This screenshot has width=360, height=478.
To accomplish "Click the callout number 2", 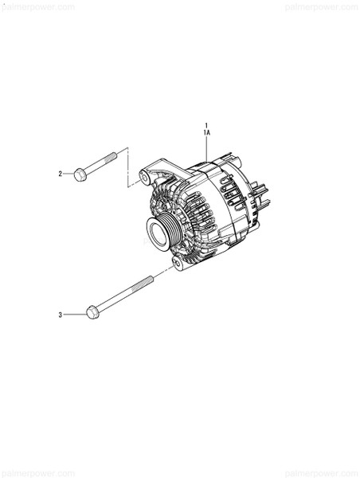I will click(x=60, y=174).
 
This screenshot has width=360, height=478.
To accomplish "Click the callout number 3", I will click(x=60, y=315).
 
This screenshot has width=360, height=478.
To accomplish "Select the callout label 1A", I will click(x=207, y=134).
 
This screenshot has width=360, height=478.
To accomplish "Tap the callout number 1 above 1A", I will click(x=207, y=126).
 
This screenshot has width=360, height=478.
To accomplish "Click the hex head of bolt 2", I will click(x=80, y=174).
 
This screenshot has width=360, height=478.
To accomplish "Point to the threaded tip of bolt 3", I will click(x=147, y=280).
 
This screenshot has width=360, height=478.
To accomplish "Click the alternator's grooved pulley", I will click(x=162, y=229).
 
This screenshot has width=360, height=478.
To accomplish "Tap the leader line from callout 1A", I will click(x=207, y=151).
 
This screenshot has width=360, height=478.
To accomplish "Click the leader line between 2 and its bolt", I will click(x=68, y=174).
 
